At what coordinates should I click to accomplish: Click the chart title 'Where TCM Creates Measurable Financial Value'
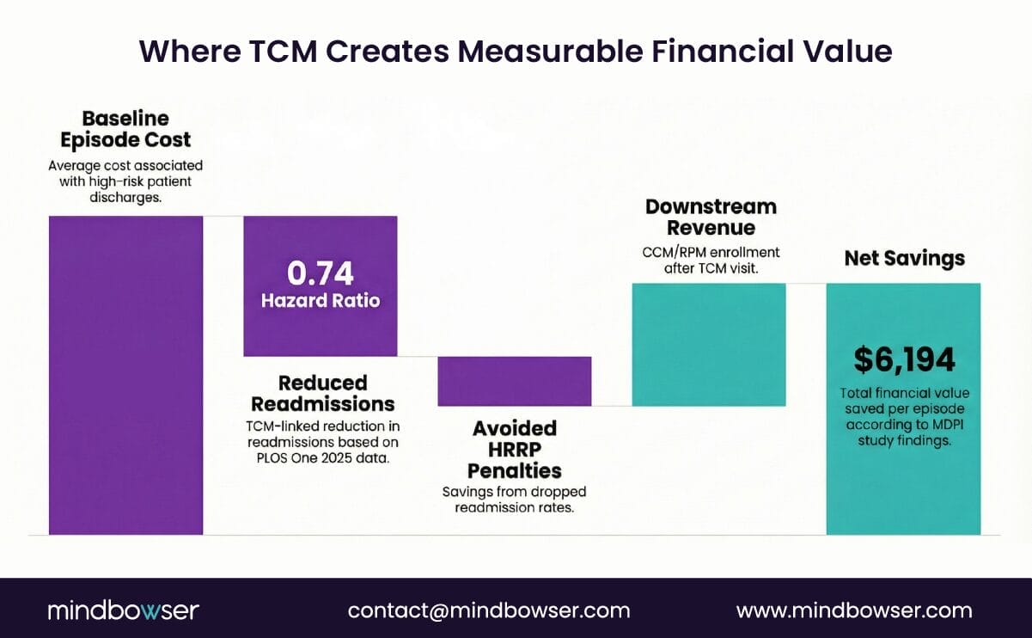click(516, 52)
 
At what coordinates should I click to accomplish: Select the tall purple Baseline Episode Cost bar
click(125, 374)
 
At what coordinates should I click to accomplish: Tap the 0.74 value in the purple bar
click(320, 273)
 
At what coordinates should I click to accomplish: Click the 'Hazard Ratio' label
click(320, 301)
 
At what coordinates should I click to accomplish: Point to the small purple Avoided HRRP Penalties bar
click(515, 381)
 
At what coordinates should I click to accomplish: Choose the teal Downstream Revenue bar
click(709, 344)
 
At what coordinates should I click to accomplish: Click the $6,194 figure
click(903, 359)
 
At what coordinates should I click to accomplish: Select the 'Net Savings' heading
click(904, 258)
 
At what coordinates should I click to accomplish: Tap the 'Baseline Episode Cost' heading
click(125, 129)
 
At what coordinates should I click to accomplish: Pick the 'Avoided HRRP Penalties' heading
click(515, 449)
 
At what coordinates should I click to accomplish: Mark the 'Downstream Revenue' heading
click(711, 217)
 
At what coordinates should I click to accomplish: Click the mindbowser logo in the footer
click(123, 610)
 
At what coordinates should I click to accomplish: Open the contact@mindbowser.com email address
click(488, 610)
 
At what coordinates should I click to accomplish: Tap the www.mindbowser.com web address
click(853, 610)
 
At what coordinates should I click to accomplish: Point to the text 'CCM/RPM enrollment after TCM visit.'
click(710, 260)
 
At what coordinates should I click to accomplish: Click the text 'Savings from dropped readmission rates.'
click(515, 500)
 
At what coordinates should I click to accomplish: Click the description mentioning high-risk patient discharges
click(125, 181)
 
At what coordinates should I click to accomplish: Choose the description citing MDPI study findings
click(903, 417)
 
